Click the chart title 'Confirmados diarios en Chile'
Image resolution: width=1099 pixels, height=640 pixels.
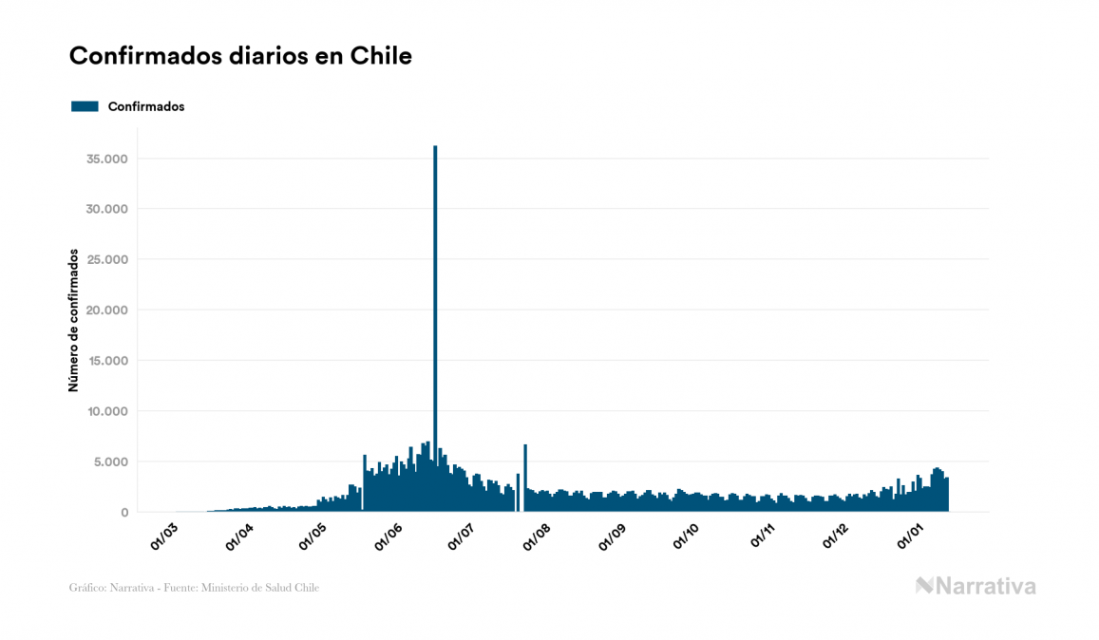[240, 56]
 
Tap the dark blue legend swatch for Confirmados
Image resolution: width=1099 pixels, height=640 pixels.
[85, 106]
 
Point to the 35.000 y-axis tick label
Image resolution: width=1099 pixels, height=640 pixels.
[106, 159]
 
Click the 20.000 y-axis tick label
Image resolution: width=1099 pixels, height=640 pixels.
[106, 311]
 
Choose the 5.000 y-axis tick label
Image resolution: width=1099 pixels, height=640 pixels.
[110, 462]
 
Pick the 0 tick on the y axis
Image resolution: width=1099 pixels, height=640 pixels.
[124, 513]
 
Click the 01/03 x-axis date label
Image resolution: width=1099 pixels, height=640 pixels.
[164, 537]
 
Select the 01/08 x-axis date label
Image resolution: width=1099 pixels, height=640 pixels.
[538, 537]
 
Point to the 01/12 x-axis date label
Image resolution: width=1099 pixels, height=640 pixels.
[837, 537]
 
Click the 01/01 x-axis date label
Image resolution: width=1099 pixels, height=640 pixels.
[912, 537]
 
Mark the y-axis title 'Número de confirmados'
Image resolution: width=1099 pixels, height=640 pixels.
[73, 320]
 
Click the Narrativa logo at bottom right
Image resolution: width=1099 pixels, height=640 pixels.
[976, 586]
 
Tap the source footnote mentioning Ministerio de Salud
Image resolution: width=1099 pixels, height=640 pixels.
[194, 588]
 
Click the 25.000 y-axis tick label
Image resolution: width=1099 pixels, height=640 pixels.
[106, 259]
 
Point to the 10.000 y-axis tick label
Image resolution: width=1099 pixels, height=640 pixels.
[106, 411]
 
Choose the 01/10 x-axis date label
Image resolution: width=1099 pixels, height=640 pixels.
[687, 537]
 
